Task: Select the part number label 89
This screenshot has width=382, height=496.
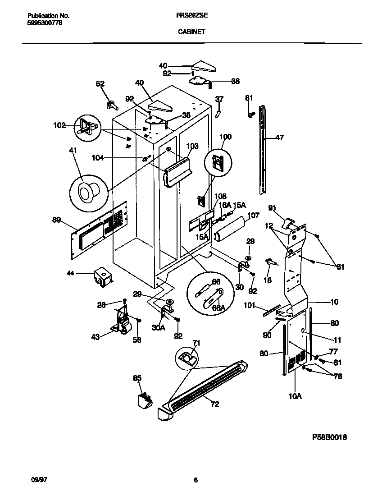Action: [56, 220]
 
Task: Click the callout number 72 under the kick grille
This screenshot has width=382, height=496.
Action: [214, 404]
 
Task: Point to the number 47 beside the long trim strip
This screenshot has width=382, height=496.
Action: [279, 138]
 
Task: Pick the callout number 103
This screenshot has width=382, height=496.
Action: [192, 146]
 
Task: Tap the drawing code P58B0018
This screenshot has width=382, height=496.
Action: [330, 437]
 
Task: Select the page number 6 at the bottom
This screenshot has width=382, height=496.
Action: [196, 480]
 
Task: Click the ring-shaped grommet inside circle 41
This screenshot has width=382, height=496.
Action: [86, 192]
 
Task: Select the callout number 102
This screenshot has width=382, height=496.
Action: [59, 125]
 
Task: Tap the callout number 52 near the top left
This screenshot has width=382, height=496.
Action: [100, 83]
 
